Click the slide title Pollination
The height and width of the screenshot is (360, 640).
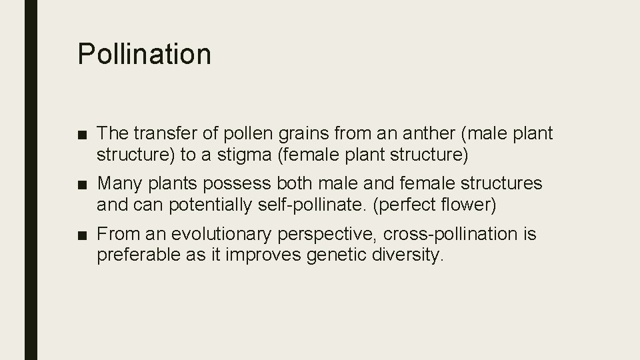[144, 54]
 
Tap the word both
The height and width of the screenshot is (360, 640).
[289, 183]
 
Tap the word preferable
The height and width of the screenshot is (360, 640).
[135, 255]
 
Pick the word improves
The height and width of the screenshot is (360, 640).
[257, 255]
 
